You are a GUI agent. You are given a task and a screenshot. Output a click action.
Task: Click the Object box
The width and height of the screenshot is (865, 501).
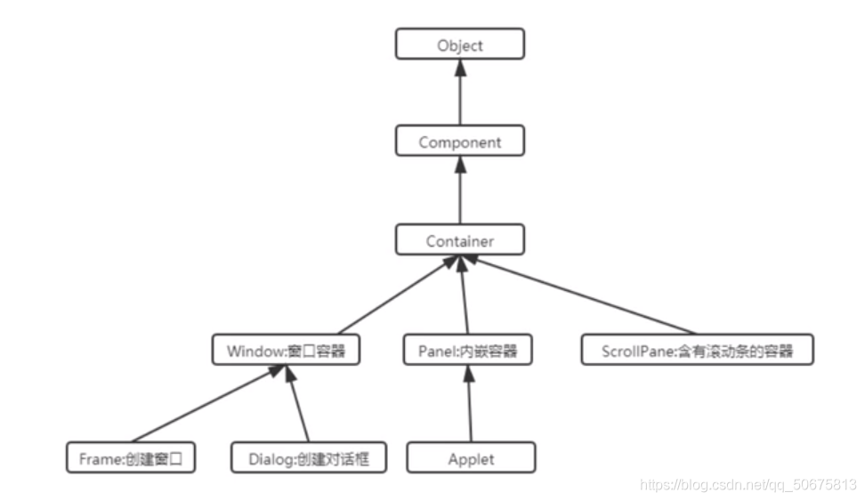point(459,44)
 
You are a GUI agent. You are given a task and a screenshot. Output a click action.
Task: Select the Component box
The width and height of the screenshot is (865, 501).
point(459,141)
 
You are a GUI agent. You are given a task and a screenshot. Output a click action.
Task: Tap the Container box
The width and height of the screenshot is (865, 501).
point(459,240)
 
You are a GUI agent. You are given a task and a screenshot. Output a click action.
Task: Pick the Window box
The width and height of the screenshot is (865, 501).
point(286,351)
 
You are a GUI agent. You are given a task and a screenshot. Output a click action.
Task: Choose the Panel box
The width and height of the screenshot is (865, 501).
point(467,351)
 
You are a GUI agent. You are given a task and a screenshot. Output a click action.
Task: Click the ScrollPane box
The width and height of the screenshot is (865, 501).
point(697,351)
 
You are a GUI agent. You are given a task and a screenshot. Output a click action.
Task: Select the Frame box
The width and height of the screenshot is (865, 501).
point(130,459)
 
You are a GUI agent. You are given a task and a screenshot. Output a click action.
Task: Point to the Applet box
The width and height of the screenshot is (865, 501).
point(471,459)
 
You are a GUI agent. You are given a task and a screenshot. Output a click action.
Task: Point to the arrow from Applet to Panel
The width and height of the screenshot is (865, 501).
point(470,405)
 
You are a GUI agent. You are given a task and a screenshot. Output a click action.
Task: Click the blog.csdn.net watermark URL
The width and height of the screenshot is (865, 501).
point(748,485)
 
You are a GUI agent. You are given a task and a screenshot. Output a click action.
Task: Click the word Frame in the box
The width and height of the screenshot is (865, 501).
point(93,459)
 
